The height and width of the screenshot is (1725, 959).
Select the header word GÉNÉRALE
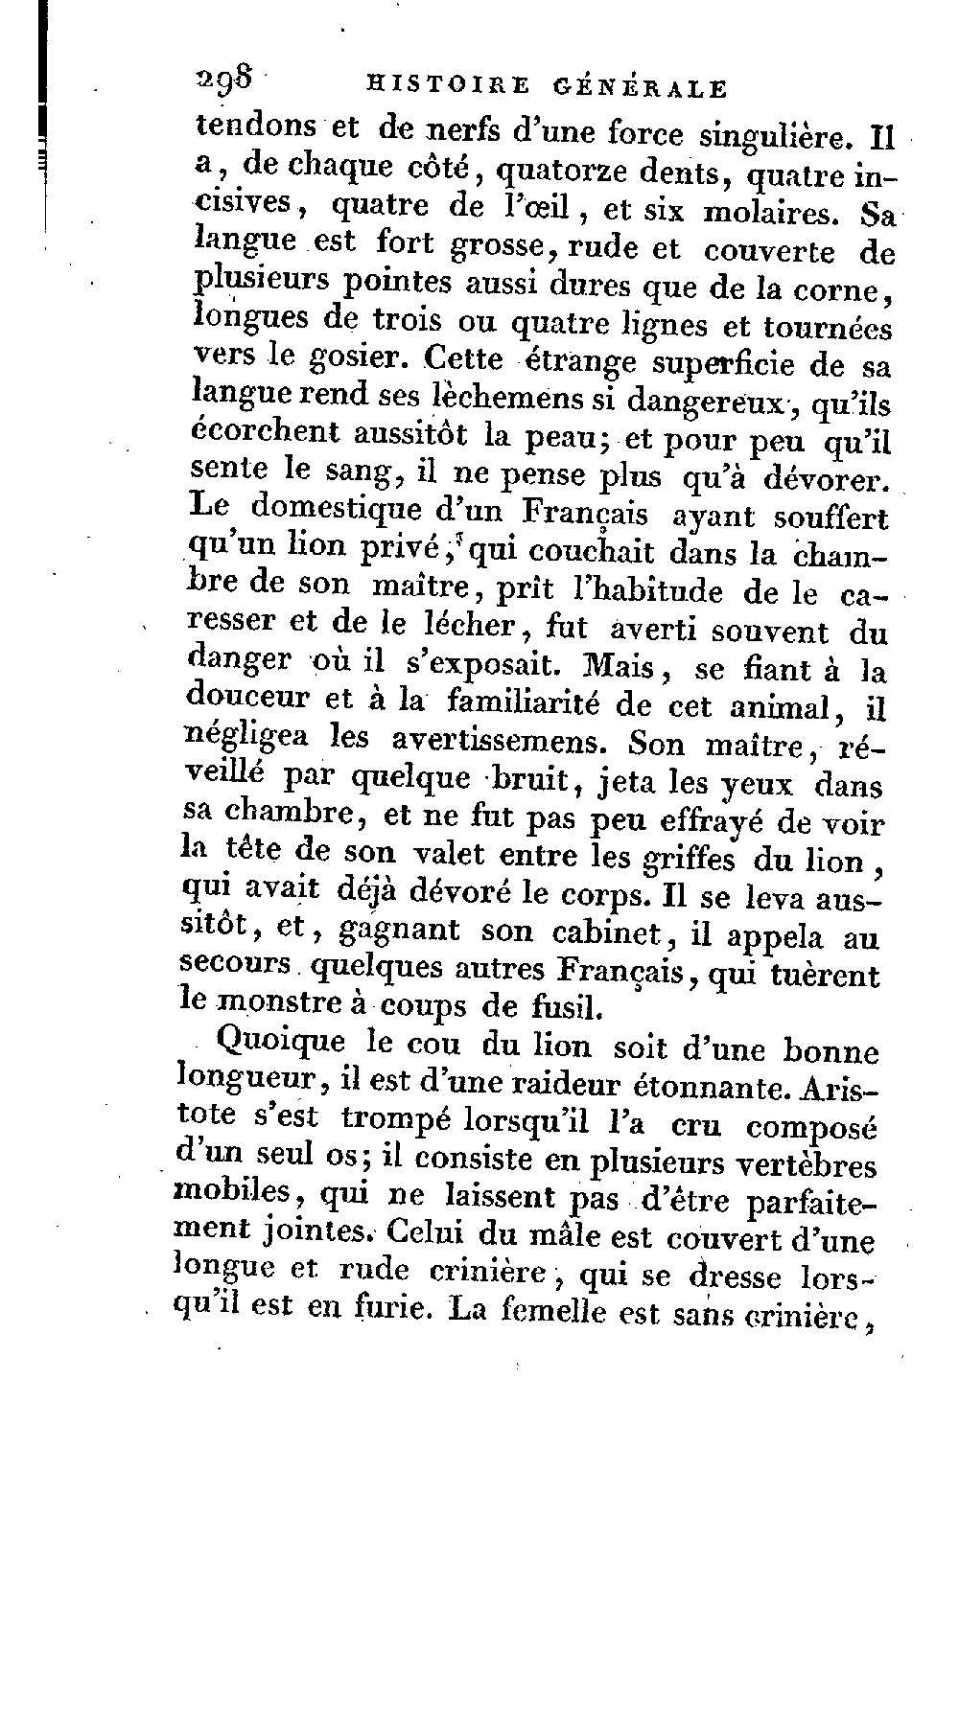click(640, 88)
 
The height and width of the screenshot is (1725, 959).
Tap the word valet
click(454, 854)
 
